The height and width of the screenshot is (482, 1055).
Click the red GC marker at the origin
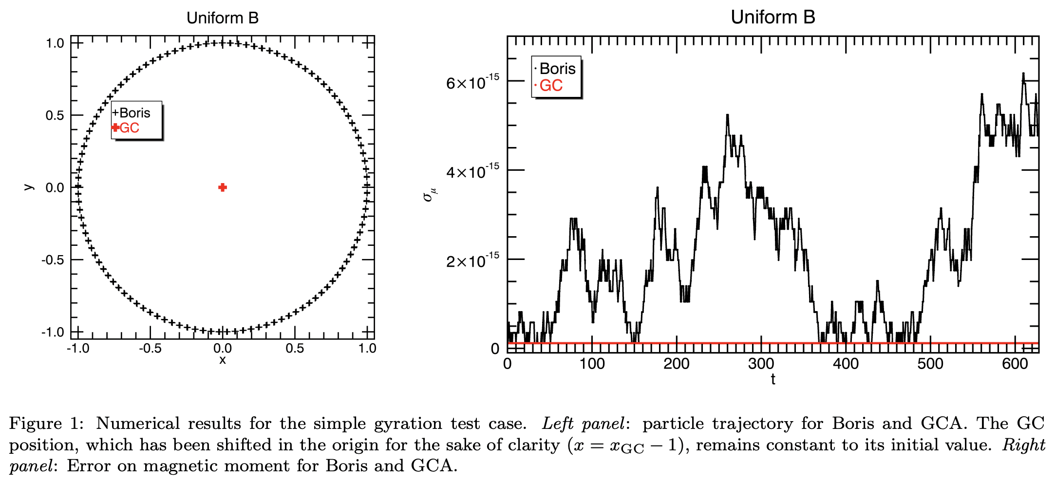[223, 187]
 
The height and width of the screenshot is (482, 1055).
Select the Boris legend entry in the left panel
[132, 113]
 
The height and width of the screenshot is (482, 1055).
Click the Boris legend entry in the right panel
[555, 69]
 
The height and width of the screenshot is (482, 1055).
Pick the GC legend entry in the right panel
[549, 86]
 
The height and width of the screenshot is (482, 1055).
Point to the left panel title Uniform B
[223, 18]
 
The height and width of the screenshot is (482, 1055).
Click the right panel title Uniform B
[772, 17]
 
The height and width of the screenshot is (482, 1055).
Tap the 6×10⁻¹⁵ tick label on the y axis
[472, 83]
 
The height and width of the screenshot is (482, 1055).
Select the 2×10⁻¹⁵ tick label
[472, 261]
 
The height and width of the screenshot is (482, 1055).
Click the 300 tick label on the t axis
[761, 364]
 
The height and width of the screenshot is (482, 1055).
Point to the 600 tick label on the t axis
[1015, 364]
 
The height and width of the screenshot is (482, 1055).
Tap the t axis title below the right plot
[773, 379]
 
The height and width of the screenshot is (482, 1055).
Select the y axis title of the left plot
[29, 187]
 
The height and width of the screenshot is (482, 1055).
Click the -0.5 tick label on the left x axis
[150, 349]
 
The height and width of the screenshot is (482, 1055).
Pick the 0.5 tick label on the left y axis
[55, 115]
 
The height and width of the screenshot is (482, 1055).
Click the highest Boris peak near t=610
[1023, 74]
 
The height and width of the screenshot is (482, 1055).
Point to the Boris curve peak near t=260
[727, 115]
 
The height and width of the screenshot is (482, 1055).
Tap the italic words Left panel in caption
[583, 424]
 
